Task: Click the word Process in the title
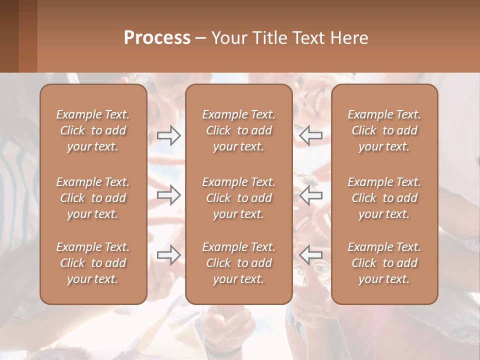click(157, 38)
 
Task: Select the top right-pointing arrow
click(169, 135)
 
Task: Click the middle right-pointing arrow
click(169, 195)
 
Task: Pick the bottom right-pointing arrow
click(169, 255)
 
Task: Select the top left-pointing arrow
click(310, 135)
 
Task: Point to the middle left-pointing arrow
click(310, 195)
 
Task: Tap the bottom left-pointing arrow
click(310, 255)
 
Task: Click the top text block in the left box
click(93, 130)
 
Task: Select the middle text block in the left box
click(93, 198)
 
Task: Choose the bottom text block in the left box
click(93, 263)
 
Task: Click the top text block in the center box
click(239, 130)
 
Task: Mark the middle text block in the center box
click(239, 198)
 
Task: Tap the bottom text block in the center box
click(239, 263)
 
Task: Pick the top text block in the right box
click(384, 130)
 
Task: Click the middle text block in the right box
click(384, 198)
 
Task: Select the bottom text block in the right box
click(384, 263)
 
